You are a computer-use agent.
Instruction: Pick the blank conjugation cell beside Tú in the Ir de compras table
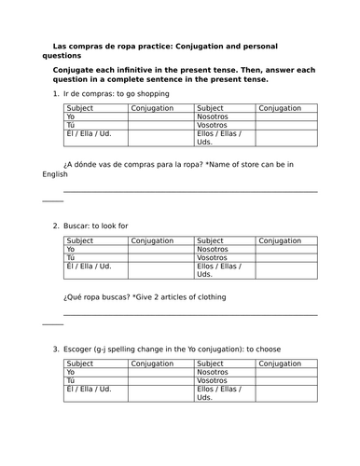pos(161,126)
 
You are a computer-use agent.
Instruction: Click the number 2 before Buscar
pos(56,226)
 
